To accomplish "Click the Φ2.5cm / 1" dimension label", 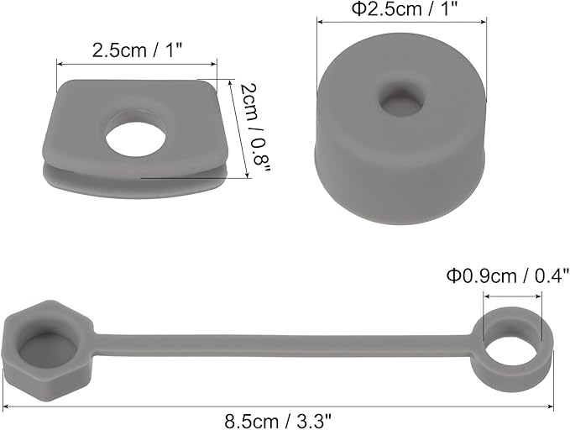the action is click(x=403, y=8).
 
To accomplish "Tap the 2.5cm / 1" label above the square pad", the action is click(x=137, y=50).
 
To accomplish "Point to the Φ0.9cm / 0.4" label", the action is click(x=508, y=275).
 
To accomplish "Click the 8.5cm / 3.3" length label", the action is click(x=279, y=422).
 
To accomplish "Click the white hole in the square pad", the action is click(x=136, y=139).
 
